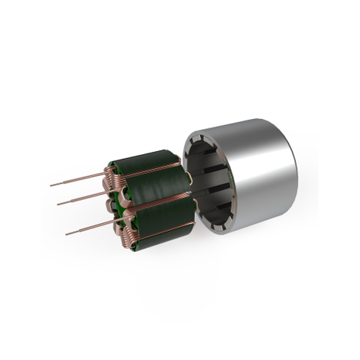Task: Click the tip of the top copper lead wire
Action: point(52,185)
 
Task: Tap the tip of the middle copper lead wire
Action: point(59,203)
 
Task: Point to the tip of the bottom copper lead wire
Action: point(66,234)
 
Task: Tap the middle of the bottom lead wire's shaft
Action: point(90,229)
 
